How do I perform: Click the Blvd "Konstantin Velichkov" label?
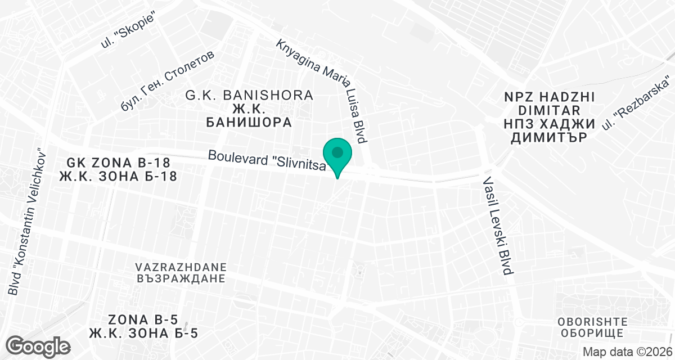[x=25, y=222]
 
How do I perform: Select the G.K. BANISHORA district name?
[x=249, y=95]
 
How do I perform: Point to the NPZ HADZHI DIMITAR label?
[x=549, y=103]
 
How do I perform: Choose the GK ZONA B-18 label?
[x=118, y=163]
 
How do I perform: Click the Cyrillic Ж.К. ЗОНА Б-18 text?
[x=118, y=177]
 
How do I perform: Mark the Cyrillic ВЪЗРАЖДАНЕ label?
[x=181, y=278]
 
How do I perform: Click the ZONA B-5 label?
[x=143, y=319]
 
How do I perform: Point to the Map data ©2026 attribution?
[x=627, y=352]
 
